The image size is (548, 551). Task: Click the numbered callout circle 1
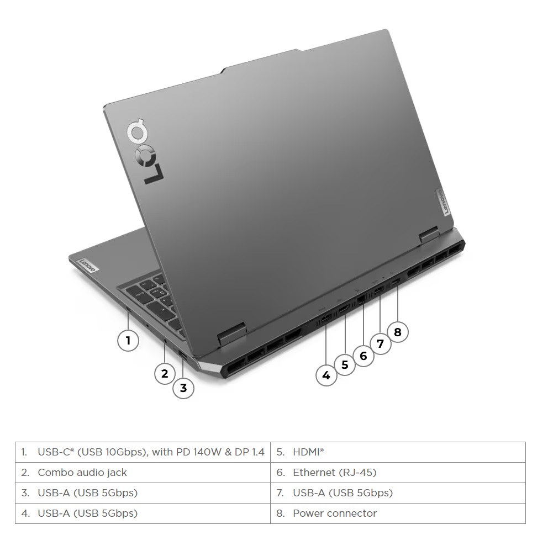pyautogui.click(x=128, y=340)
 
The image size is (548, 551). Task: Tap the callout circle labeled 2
pyautogui.click(x=165, y=373)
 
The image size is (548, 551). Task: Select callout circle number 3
pyautogui.click(x=183, y=388)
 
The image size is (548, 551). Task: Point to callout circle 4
pyautogui.click(x=326, y=375)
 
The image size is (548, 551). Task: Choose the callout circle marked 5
pyautogui.click(x=345, y=364)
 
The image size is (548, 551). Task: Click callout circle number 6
pyautogui.click(x=363, y=356)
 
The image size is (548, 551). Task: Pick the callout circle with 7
pyautogui.click(x=380, y=343)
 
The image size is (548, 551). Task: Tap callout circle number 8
pyautogui.click(x=398, y=332)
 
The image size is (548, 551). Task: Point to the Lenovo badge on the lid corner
pyautogui.click(x=443, y=202)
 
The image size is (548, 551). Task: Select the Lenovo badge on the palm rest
pyautogui.click(x=87, y=266)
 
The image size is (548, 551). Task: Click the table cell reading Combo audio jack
pyautogui.click(x=143, y=472)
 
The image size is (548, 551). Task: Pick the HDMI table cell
pyautogui.click(x=398, y=452)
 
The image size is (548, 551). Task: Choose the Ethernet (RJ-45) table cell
pyautogui.click(x=398, y=472)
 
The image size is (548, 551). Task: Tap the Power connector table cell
pyautogui.click(x=398, y=513)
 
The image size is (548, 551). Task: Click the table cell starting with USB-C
pyautogui.click(x=143, y=452)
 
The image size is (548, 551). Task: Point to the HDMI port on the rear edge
pyautogui.click(x=344, y=310)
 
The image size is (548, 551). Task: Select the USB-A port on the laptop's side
pyautogui.click(x=183, y=354)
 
